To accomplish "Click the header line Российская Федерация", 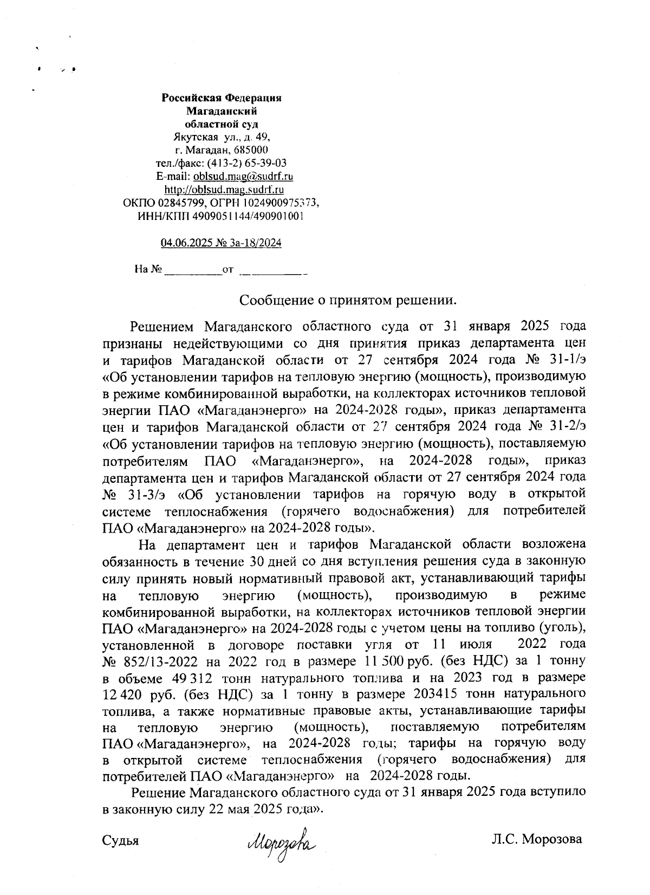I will click(222, 98).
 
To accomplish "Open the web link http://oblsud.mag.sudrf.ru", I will click(224, 190).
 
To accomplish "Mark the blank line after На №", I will click(193, 269).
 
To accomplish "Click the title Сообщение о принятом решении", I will click(346, 299).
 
